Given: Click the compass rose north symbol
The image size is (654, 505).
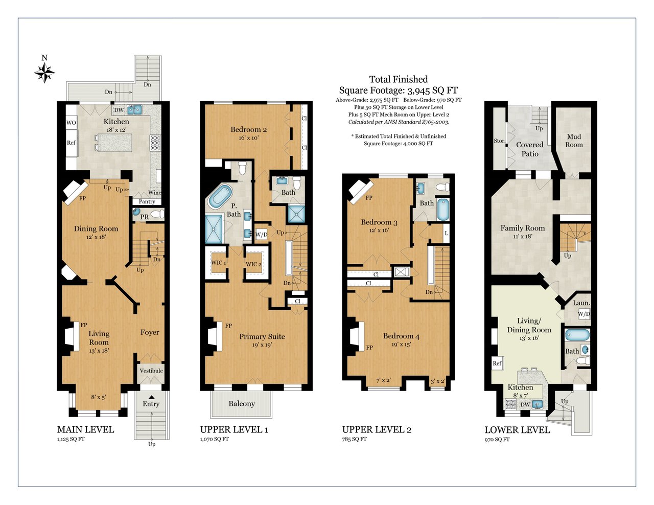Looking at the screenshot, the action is pyautogui.click(x=44, y=73).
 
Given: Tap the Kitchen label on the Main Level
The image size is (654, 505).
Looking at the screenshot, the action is pyautogui.click(x=116, y=122).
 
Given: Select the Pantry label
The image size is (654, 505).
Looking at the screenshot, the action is pyautogui.click(x=147, y=201).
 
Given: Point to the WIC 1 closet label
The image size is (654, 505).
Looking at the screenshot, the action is pyautogui.click(x=219, y=262).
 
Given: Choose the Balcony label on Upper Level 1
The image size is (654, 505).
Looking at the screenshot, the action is pyautogui.click(x=242, y=404).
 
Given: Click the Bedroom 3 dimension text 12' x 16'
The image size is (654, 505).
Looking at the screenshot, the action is pyautogui.click(x=379, y=230).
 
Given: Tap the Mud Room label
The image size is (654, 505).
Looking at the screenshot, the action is pyautogui.click(x=574, y=141).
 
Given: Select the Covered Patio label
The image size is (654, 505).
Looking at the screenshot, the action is pyautogui.click(x=530, y=149).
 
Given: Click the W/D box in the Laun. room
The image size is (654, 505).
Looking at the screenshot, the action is pyautogui.click(x=584, y=314).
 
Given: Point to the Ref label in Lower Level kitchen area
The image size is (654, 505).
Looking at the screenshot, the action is pyautogui.click(x=497, y=363).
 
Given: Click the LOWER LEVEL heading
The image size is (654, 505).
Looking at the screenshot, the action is pyautogui.click(x=518, y=430).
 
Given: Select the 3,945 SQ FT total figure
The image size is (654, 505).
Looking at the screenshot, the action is pyautogui.click(x=432, y=90).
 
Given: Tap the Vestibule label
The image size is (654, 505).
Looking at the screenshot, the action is pyautogui.click(x=151, y=371).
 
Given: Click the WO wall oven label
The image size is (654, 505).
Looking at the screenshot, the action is pyautogui.click(x=71, y=123).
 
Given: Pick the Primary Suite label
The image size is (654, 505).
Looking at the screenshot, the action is pyautogui.click(x=262, y=336).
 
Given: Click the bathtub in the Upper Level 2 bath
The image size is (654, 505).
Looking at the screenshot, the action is pyautogui.click(x=442, y=209).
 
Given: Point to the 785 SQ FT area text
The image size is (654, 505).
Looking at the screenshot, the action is pyautogui.click(x=354, y=439).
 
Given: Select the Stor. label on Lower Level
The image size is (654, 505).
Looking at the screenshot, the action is pyautogui.click(x=500, y=141).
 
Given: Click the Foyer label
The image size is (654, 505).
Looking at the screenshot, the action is pyautogui.click(x=150, y=332).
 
